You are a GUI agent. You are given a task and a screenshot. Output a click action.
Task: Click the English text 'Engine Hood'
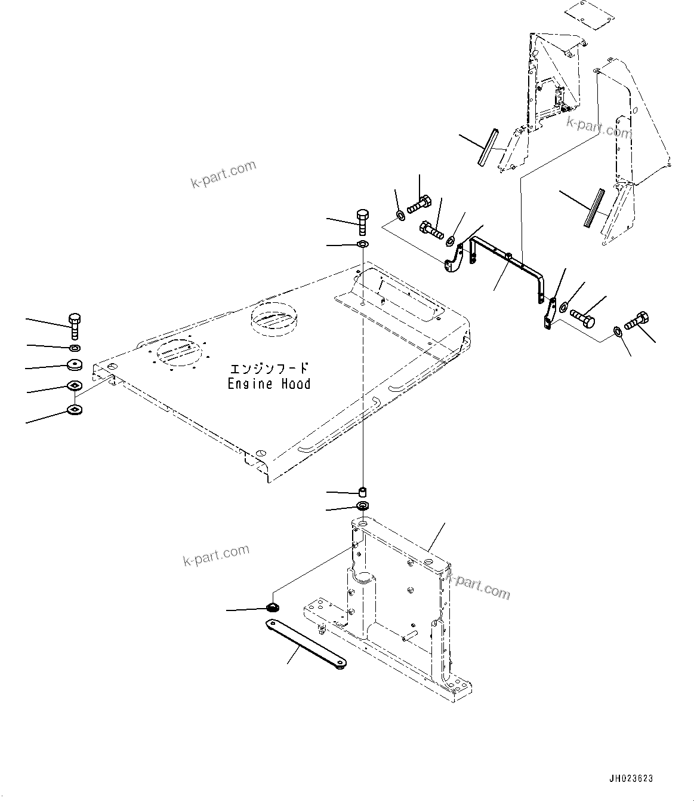coord(269,384)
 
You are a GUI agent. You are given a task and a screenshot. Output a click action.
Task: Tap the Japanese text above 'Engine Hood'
coord(269,369)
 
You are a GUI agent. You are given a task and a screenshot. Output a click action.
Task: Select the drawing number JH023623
coord(631,778)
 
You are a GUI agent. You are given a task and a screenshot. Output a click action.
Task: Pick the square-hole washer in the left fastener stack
coord(75,386)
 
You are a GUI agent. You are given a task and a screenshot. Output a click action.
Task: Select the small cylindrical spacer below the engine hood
coord(362,492)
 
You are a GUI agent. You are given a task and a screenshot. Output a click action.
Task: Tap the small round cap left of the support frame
coord(273,608)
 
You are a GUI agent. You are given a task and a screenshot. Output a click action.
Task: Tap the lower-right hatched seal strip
coord(593,208)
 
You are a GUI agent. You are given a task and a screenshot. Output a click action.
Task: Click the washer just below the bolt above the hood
coord(362,244)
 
